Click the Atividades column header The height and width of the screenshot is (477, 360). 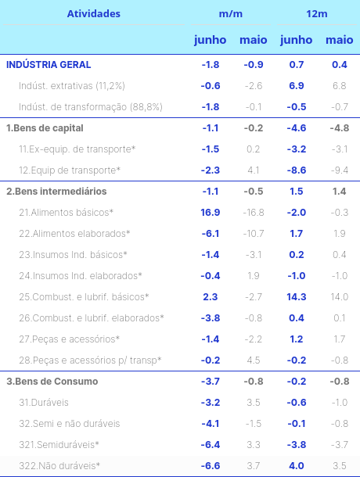click(93, 14)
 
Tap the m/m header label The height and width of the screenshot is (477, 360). click(231, 14)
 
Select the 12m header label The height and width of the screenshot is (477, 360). click(317, 14)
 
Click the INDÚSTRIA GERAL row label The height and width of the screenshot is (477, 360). click(49, 64)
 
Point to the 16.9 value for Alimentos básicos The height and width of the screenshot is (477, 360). click(211, 213)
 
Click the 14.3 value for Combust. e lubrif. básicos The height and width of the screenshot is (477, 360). click(297, 297)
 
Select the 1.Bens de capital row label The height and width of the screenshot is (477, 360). click(45, 128)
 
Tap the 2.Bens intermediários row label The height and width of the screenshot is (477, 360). click(56, 192)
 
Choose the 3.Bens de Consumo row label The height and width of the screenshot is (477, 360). click(52, 382)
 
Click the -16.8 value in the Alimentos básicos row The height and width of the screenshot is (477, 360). click(254, 213)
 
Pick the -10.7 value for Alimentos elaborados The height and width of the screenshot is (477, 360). click(254, 234)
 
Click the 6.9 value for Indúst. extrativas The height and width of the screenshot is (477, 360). click(297, 86)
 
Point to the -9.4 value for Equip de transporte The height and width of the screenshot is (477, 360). click(340, 170)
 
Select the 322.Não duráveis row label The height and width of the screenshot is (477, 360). click(59, 466)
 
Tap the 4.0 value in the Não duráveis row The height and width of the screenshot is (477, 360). click(297, 466)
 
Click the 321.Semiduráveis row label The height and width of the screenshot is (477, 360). click(59, 445)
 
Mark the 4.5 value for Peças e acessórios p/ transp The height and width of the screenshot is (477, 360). click(254, 360)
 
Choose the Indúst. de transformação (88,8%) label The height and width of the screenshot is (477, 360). click(91, 107)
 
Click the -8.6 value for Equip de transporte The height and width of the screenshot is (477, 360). click(297, 170)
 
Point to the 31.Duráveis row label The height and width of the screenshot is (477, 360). click(44, 403)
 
